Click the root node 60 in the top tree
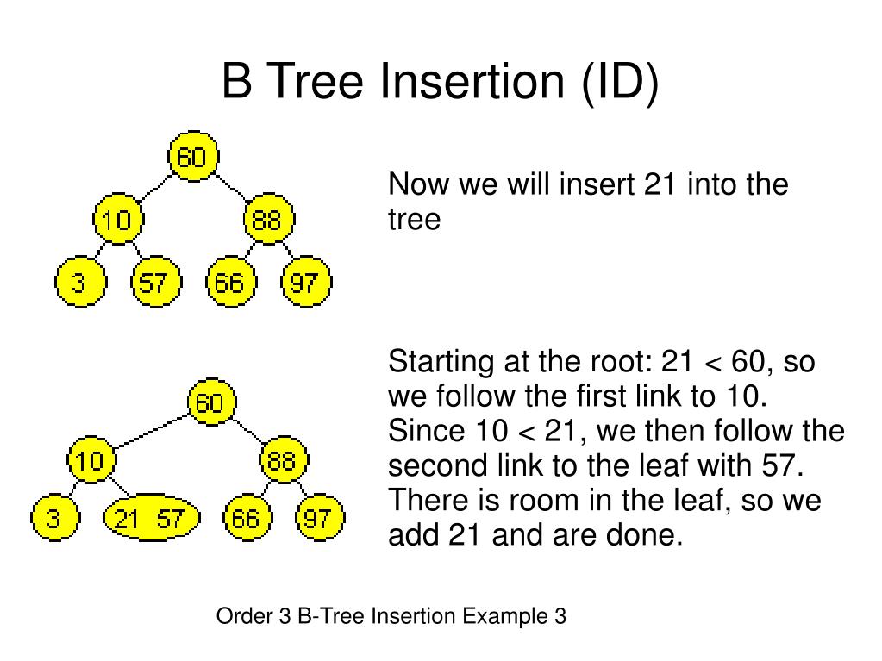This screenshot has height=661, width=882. click(x=193, y=157)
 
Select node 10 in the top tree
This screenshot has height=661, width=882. click(x=117, y=220)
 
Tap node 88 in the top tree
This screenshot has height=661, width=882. click(x=268, y=220)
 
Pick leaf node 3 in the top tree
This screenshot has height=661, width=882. click(x=79, y=283)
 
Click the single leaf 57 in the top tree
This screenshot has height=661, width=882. click(x=155, y=283)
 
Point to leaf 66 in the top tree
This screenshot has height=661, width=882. click(x=230, y=283)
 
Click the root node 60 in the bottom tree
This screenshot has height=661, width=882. click(x=210, y=402)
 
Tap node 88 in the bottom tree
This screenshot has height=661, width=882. click(x=282, y=461)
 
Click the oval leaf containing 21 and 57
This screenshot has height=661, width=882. click(x=151, y=518)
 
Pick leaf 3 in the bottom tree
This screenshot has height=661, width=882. click(x=54, y=519)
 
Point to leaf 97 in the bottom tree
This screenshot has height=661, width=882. click(x=320, y=519)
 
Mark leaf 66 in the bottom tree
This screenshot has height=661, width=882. click(x=244, y=519)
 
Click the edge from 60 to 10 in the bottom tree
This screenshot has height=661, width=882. click(x=151, y=431)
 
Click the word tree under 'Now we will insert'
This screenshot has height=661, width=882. click(x=414, y=220)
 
